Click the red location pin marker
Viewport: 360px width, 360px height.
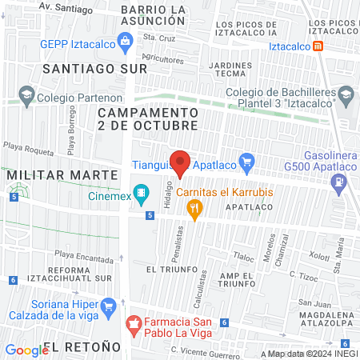[180, 162]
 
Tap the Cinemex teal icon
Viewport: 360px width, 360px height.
[142, 191]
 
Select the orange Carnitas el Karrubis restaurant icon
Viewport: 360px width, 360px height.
[193, 209]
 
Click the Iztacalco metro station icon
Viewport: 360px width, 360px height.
[318, 46]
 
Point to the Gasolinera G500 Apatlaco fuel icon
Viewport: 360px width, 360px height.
[341, 182]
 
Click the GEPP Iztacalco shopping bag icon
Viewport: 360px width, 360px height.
[125, 41]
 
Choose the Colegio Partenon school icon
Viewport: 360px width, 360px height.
[27, 98]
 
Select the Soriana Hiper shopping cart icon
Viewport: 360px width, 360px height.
[109, 305]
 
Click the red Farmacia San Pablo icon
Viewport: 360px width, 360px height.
[134, 325]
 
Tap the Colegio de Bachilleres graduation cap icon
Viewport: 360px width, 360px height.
[345, 98]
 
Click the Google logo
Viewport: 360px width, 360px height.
[26, 350]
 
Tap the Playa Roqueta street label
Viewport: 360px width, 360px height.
[27, 147]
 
